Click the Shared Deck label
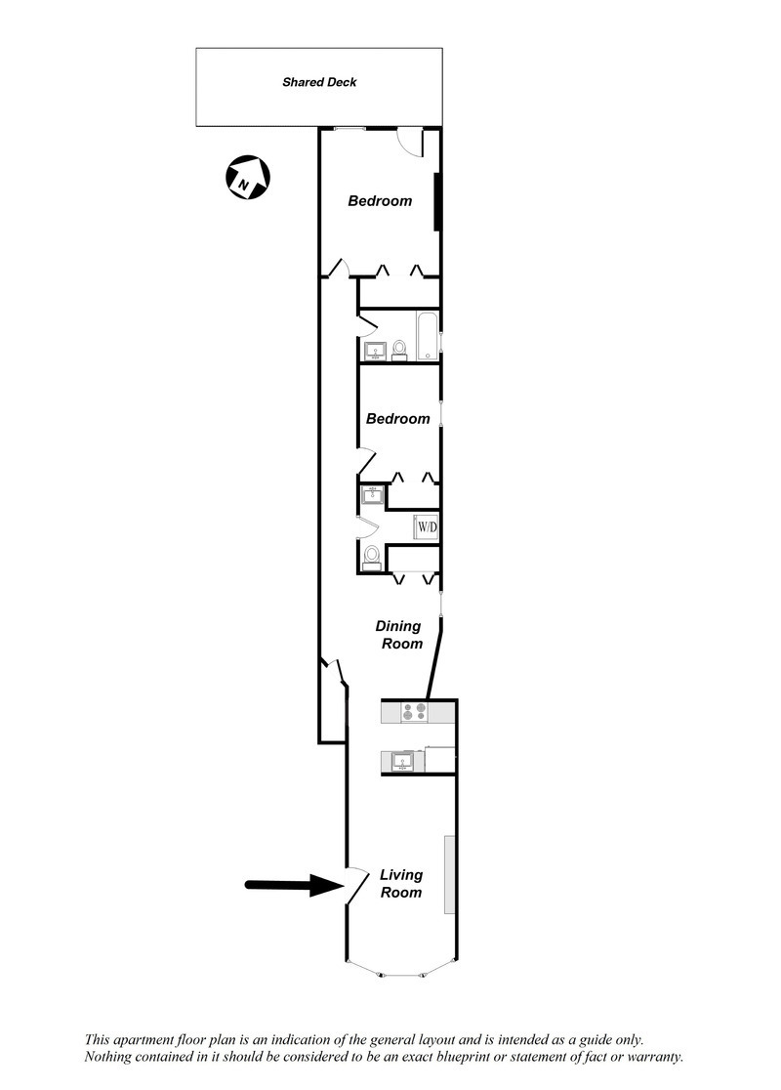(319, 83)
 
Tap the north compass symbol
(248, 179)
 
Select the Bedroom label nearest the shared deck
(380, 201)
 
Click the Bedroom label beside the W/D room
(397, 419)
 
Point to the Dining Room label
(399, 635)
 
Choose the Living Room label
(400, 884)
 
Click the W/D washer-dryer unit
(428, 527)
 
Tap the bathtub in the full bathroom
(428, 336)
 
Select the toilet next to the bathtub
(399, 350)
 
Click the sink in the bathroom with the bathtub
(374, 351)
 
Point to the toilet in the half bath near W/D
(372, 557)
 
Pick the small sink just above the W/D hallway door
(371, 496)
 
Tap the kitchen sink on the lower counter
(402, 761)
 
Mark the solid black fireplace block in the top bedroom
(438, 202)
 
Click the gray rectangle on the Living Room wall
(450, 874)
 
